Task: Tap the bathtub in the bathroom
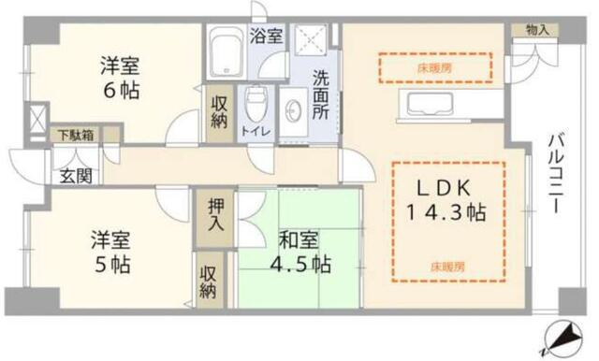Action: (225, 54)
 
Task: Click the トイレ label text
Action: (255, 133)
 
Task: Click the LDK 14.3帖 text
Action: (446, 198)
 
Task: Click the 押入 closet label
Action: (214, 216)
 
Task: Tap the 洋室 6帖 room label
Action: (122, 78)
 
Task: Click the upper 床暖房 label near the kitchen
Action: (434, 67)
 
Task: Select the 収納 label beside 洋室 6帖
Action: (217, 112)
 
